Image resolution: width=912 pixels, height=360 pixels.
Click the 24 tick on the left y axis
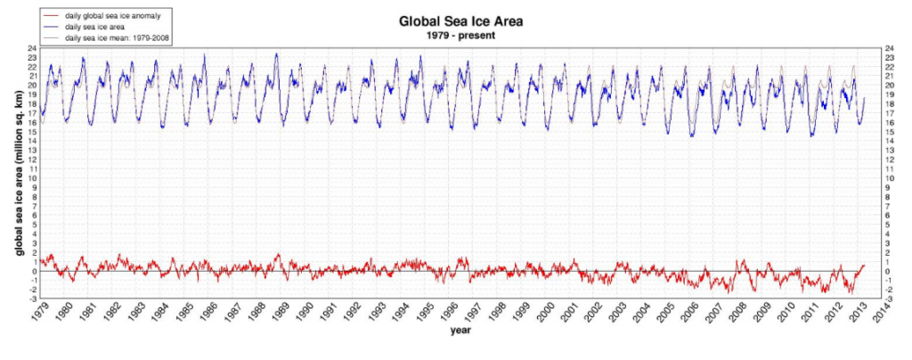click(x=31, y=48)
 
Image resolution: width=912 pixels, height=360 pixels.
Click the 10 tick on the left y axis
click(x=31, y=178)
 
